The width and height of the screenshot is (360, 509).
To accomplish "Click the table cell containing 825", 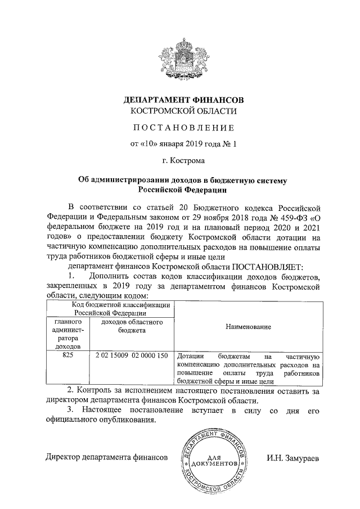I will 67,357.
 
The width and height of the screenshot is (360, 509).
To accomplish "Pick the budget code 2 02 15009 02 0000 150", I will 132,357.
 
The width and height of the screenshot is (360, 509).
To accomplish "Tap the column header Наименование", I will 247,327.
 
